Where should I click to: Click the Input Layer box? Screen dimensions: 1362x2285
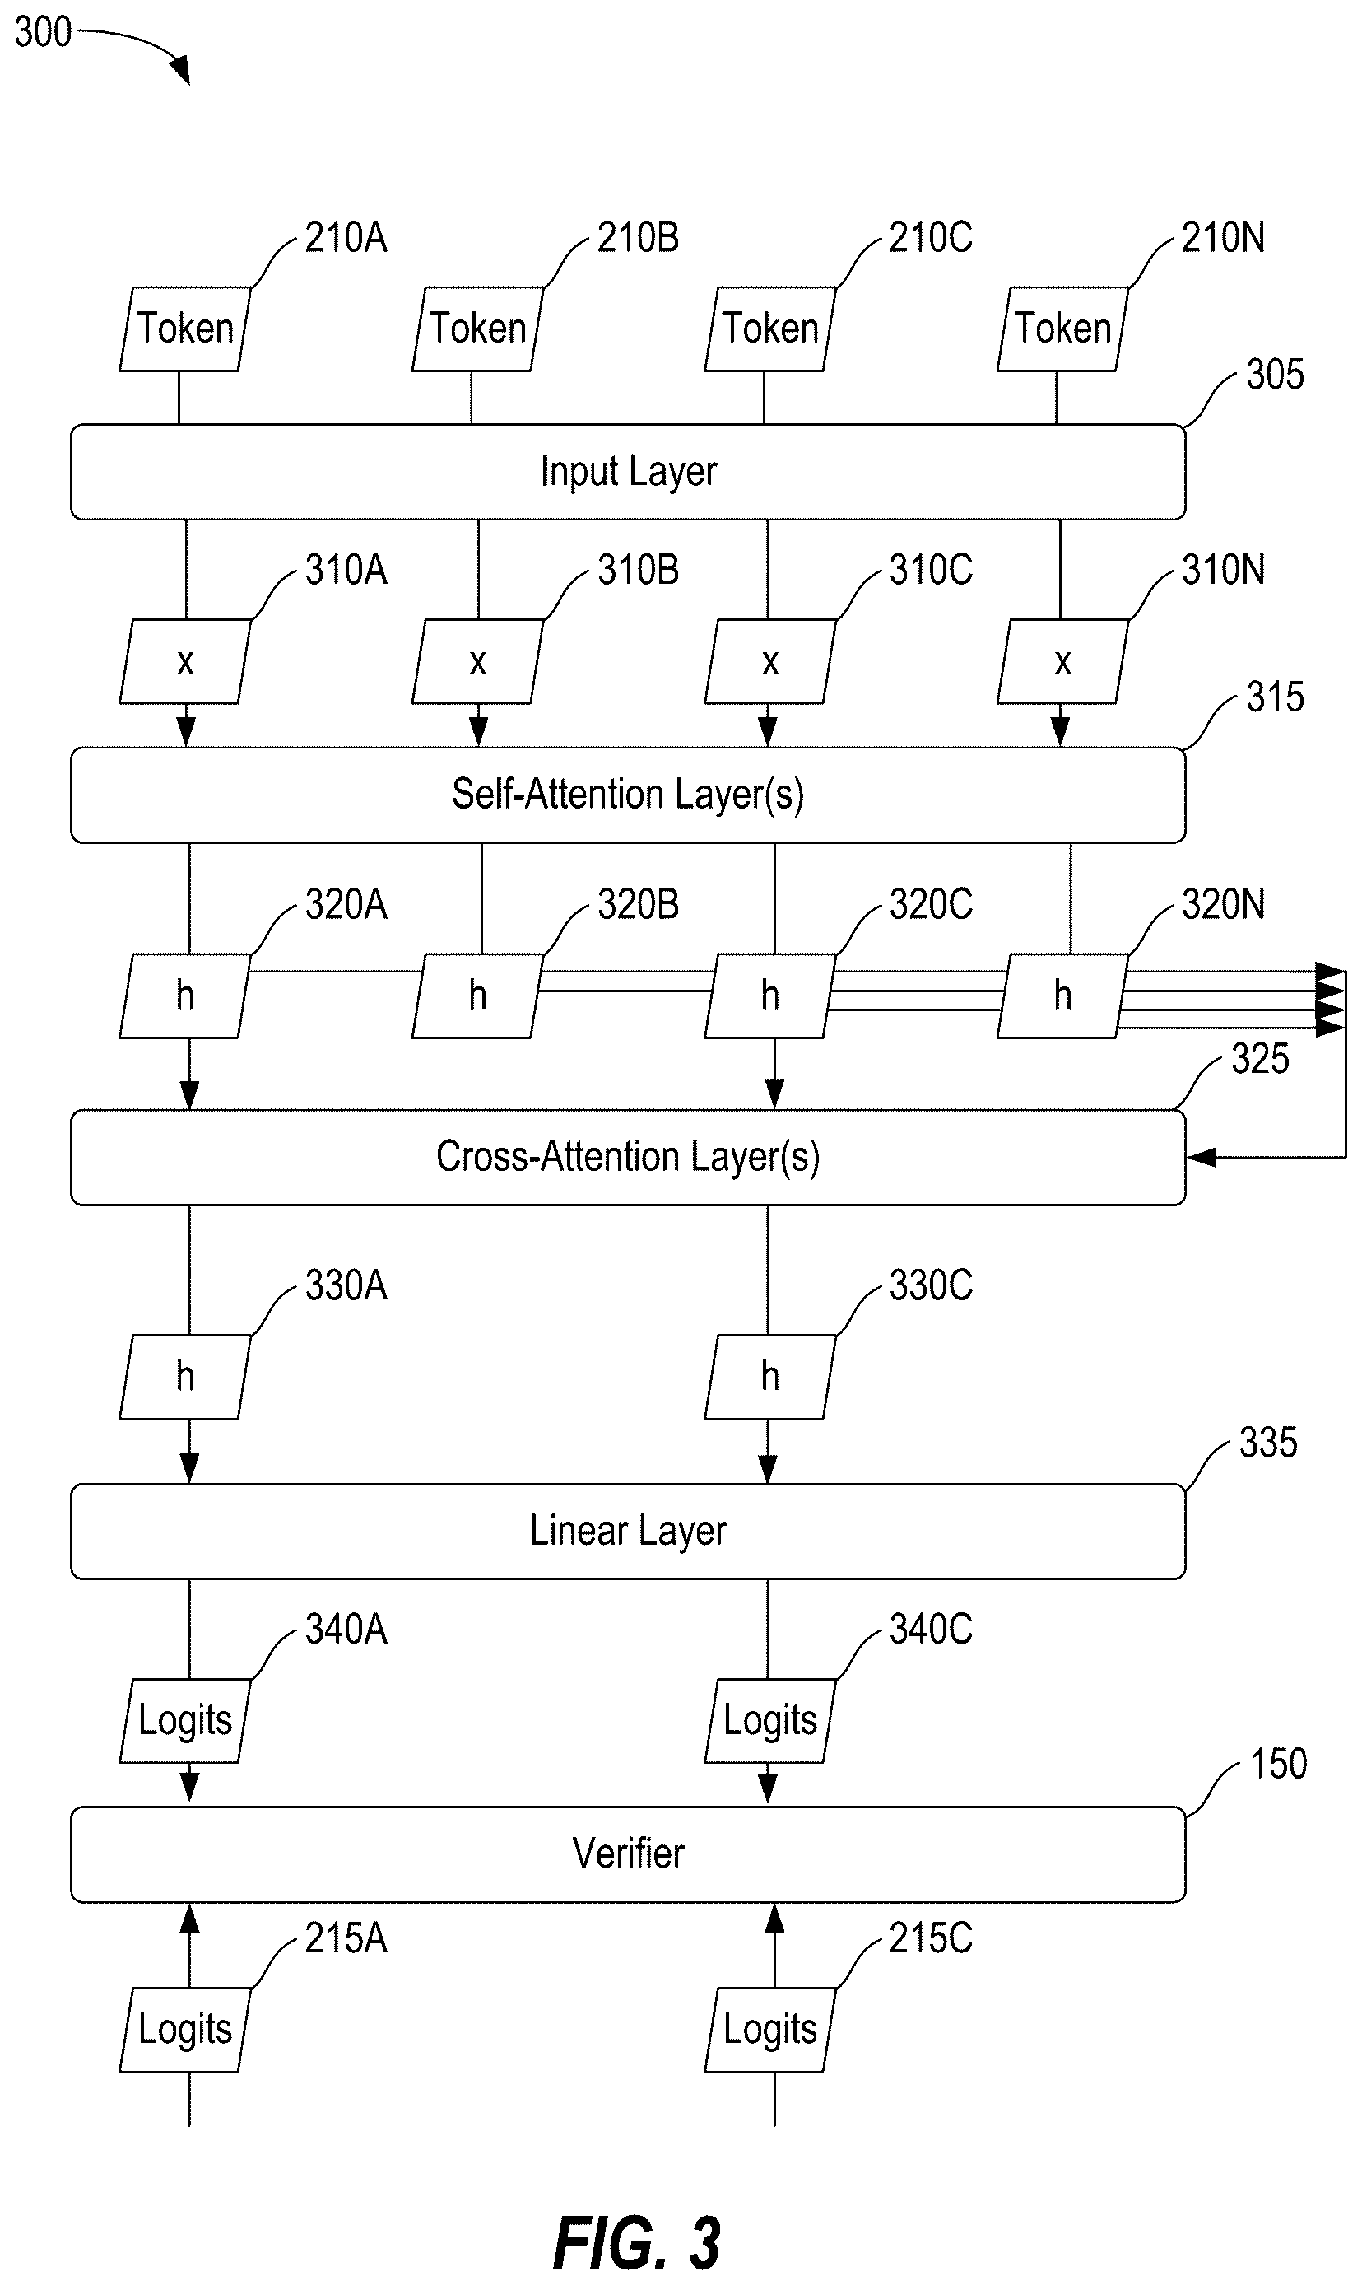tap(628, 472)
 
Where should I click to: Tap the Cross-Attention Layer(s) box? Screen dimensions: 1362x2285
tap(628, 1157)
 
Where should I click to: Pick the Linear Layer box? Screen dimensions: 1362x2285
tap(628, 1531)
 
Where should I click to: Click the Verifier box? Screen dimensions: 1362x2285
tap(628, 1854)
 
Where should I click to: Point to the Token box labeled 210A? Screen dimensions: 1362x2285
tap(185, 329)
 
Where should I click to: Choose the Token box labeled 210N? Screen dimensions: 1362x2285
tap(1062, 329)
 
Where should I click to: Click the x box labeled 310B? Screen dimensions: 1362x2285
tap(478, 662)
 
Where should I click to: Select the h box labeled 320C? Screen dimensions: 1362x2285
tap(770, 996)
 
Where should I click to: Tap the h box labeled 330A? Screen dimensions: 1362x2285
tap(185, 1377)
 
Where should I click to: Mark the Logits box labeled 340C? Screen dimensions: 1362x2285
tap(770, 1720)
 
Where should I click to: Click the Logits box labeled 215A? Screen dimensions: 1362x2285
tap(185, 2030)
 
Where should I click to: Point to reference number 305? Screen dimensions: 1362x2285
tap(1275, 375)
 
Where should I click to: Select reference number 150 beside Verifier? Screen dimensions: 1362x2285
tap(1279, 1765)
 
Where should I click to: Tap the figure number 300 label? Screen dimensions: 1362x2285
tap(43, 32)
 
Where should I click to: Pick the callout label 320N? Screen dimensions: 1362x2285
tap(1222, 904)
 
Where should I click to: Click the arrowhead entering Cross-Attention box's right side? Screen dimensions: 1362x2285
tap(1201, 1157)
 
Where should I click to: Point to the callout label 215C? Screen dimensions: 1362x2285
tap(931, 1938)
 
